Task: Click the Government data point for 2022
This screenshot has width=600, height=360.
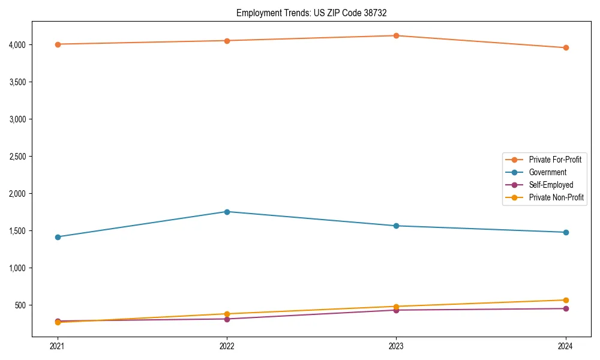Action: [227, 212]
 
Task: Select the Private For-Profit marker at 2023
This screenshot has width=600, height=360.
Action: [396, 35]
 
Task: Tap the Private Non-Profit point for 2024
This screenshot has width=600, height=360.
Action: [565, 300]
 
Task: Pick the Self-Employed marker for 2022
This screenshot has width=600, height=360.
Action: [227, 319]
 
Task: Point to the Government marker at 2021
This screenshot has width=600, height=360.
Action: [58, 237]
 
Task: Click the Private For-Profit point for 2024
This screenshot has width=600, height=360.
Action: [565, 47]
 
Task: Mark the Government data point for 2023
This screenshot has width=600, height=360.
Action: [396, 226]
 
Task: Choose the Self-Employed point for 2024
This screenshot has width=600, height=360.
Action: [565, 308]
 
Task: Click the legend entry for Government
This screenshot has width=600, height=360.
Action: [547, 172]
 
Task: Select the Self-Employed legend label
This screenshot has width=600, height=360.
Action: [551, 185]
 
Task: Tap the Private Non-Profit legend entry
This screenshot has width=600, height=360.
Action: [556, 197]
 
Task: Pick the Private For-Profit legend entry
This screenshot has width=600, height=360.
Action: [555, 160]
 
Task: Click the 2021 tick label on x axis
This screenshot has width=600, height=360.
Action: [58, 346]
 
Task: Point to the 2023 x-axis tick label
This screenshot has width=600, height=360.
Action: [396, 346]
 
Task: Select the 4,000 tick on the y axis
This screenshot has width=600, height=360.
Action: [17, 44]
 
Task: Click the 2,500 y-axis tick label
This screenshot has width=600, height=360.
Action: [17, 157]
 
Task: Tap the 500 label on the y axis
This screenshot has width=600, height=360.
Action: [20, 305]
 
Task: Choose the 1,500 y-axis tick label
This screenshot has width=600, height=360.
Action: [17, 231]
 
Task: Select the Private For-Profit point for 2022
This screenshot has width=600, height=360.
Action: [227, 41]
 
